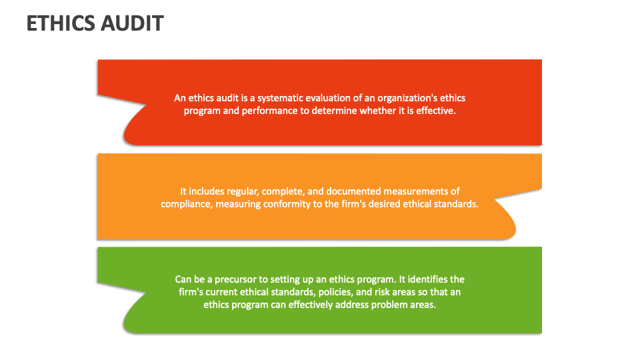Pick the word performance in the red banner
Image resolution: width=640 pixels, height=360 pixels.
(266, 111)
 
